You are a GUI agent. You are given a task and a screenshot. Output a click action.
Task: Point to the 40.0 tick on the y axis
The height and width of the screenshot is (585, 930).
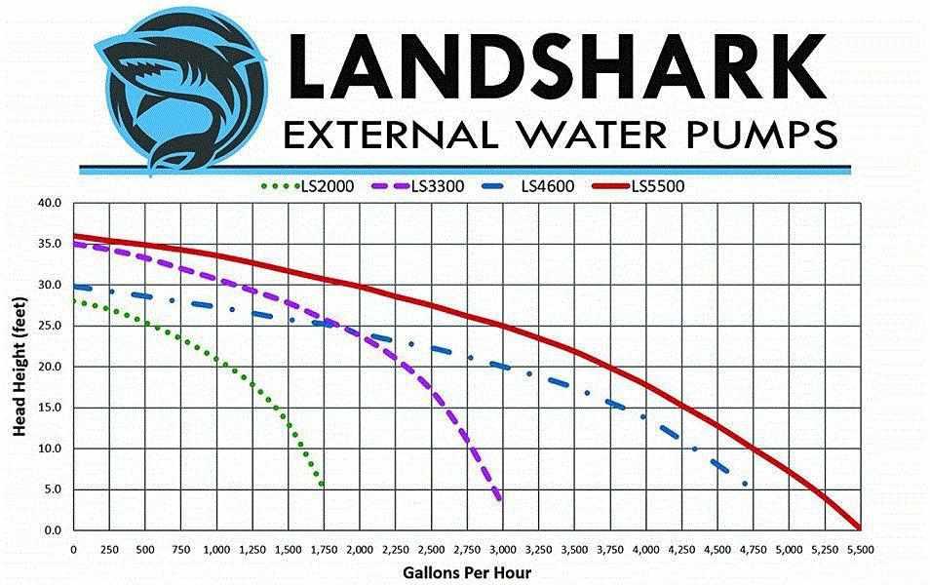point(49,203)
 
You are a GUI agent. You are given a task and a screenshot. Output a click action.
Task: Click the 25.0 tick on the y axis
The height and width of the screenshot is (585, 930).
point(49,326)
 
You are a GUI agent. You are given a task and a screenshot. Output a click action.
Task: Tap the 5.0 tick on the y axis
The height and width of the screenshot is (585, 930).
point(52,489)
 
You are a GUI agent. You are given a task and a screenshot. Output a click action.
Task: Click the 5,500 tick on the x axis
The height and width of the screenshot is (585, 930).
point(860,549)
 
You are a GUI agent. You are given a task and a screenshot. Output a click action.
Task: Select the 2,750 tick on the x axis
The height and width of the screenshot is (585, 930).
point(467,549)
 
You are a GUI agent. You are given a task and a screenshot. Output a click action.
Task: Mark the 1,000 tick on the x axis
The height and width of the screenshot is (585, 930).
point(216,549)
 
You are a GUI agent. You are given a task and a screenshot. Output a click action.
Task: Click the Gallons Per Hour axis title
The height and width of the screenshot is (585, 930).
point(466,572)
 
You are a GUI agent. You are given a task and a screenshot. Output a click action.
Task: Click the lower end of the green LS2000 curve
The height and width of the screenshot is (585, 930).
point(322,485)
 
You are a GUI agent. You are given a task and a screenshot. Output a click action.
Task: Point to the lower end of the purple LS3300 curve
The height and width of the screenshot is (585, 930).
point(501,499)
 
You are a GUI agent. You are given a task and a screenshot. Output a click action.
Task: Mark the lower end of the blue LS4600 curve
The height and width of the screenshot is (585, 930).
point(745,484)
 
